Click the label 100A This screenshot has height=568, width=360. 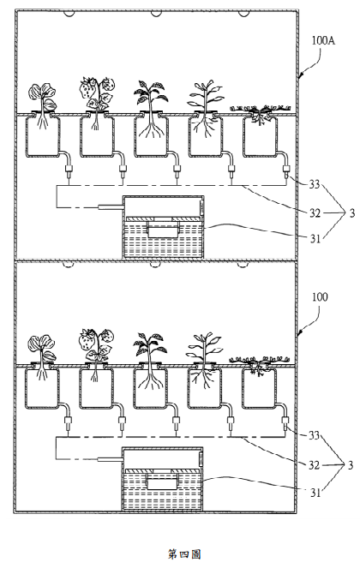(x=323, y=40)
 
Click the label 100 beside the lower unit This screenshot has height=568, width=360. (x=320, y=297)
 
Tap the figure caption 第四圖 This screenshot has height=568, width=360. (x=184, y=554)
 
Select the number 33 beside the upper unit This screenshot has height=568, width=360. (x=314, y=184)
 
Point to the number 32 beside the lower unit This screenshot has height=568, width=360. (x=314, y=464)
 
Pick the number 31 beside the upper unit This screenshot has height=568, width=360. (x=315, y=238)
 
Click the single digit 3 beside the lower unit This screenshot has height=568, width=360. (x=351, y=464)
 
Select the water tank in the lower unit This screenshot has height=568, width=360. (x=162, y=479)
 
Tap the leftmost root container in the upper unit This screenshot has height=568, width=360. (x=42, y=135)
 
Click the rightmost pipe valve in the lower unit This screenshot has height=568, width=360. (x=285, y=422)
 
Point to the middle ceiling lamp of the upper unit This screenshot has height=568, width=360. (x=156, y=14)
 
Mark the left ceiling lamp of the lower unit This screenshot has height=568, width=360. (x=68, y=265)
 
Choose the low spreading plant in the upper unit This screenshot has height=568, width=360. (x=261, y=113)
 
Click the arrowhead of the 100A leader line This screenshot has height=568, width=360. (x=299, y=75)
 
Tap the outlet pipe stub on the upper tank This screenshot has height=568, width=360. (x=111, y=207)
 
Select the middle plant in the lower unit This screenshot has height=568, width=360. (x=150, y=361)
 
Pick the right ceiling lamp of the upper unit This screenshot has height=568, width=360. (x=243, y=14)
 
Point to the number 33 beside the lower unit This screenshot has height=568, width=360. (x=314, y=434)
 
